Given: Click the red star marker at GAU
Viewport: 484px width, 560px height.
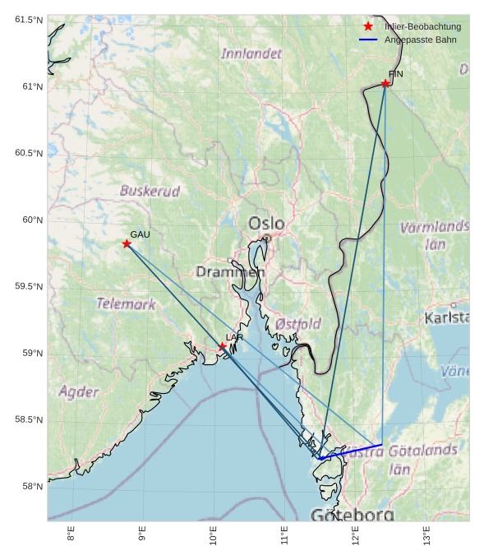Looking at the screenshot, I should click(127, 243).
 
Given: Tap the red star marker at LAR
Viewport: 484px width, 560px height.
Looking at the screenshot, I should click(222, 347).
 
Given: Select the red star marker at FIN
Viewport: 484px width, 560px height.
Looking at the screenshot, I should click(385, 83).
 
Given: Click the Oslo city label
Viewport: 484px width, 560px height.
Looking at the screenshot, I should click(266, 224).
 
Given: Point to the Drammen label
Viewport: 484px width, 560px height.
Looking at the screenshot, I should click(230, 271).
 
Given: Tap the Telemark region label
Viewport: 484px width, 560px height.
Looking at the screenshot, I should click(126, 303).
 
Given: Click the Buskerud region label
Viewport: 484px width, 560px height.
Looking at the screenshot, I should click(150, 191).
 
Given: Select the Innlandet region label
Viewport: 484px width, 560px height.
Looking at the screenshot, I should click(251, 53).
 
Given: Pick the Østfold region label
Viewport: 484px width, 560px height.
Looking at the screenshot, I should click(297, 324).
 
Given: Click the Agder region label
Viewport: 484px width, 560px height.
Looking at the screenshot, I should click(78, 391).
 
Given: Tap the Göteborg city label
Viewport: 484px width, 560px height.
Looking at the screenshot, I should click(353, 515).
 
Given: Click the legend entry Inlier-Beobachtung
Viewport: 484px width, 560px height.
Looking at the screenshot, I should click(422, 26).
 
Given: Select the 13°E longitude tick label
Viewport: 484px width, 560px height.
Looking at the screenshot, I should click(426, 535).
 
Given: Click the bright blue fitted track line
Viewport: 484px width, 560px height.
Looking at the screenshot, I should click(351, 451).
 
